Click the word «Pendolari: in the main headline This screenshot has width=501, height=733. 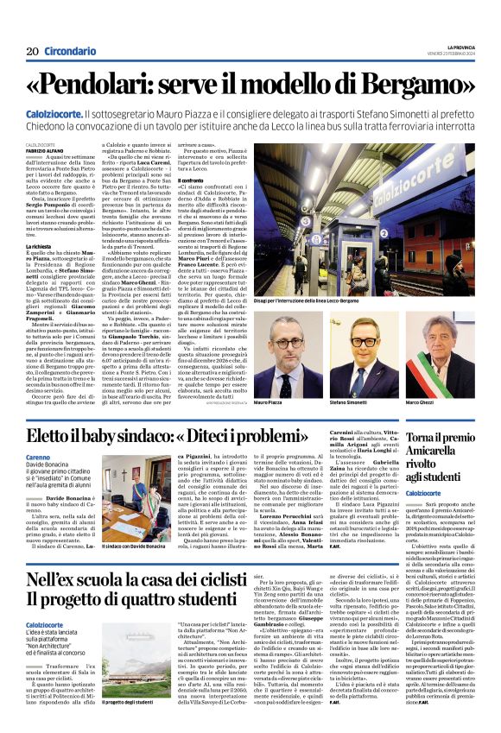point(97,84)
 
